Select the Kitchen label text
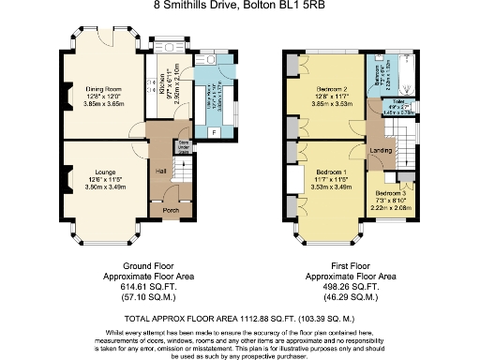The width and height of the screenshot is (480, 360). click(x=162, y=75)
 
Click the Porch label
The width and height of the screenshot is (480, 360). click(x=171, y=210)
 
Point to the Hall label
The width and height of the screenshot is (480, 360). click(x=160, y=171)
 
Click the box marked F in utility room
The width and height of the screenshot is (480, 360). click(x=215, y=130)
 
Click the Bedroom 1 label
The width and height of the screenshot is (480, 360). click(x=331, y=173)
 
